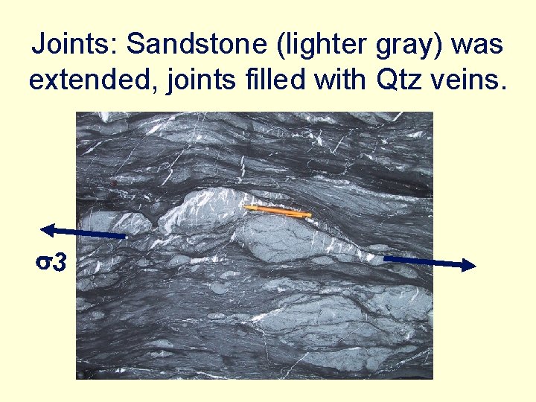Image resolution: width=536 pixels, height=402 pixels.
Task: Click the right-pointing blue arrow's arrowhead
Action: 468,265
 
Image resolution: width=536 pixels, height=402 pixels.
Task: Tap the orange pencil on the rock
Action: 277,212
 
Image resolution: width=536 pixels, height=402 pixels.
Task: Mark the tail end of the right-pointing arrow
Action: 385,258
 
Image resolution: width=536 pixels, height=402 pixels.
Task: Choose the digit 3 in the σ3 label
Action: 60,262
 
